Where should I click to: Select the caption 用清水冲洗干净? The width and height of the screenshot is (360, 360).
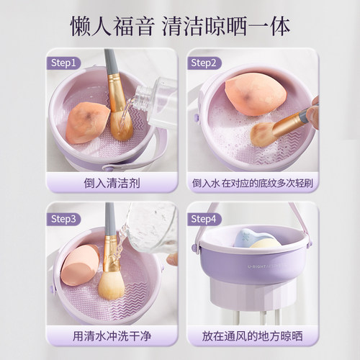[x=111, y=336]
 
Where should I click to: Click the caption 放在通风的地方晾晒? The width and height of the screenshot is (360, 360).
[x=251, y=336]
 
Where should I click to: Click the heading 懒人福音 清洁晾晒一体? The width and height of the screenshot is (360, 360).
[x=180, y=26]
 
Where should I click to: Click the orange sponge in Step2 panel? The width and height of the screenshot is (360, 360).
[x=255, y=94]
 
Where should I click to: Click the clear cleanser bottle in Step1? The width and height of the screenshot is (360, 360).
[x=154, y=101]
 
